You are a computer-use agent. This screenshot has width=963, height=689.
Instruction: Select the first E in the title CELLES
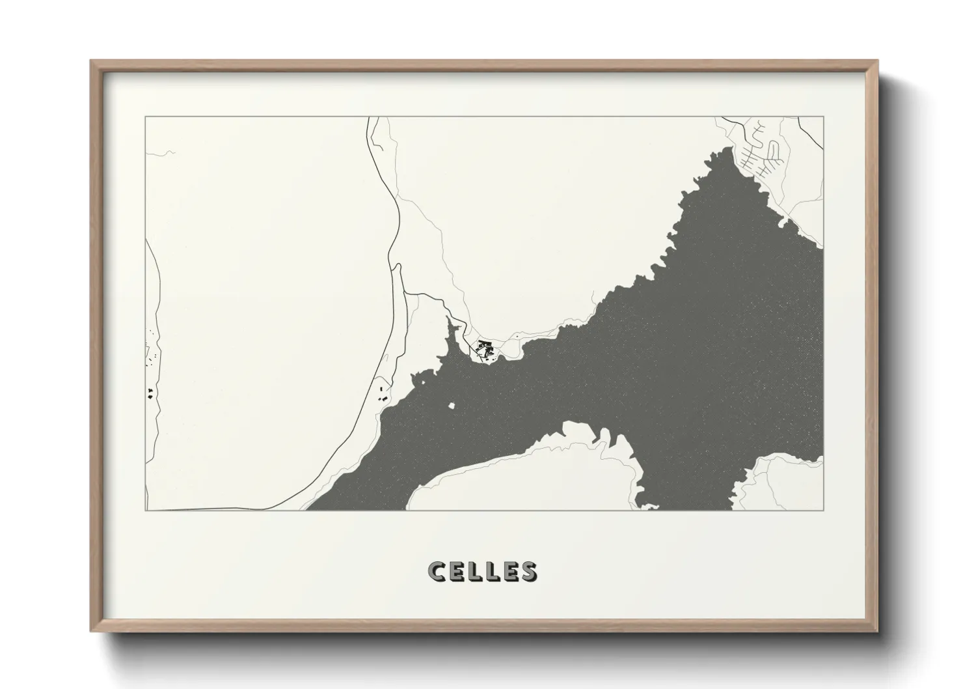pos(456,571)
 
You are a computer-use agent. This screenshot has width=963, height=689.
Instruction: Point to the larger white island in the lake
pos(452,406)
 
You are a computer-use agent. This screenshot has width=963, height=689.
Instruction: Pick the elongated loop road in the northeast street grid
pos(772,152)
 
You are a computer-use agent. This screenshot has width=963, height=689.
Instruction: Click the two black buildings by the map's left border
pos(150,393)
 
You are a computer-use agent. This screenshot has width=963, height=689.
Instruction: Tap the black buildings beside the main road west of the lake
pos(383,393)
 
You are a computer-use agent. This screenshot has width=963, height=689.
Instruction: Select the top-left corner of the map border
pos(145,117)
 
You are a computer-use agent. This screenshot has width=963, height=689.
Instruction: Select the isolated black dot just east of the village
pos(516,335)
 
